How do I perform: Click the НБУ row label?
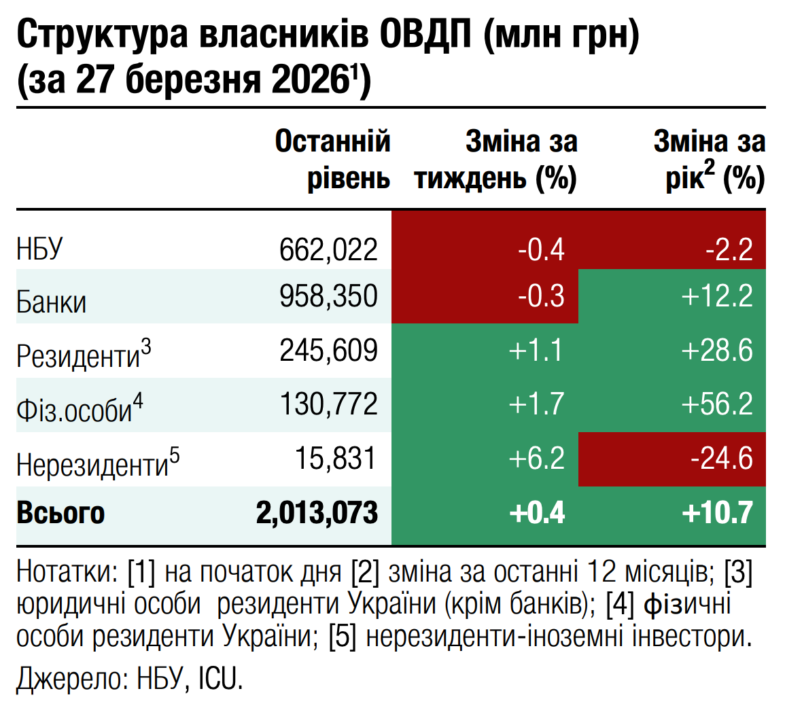[39, 249]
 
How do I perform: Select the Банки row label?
[52, 302]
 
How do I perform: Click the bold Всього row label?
[60, 513]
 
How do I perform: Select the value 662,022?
[328, 249]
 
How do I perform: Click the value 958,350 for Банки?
[328, 296]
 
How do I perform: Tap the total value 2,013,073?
[317, 513]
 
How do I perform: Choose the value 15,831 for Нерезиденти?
[335, 459]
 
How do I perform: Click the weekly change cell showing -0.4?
[541, 249]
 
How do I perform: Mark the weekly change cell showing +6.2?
[536, 459]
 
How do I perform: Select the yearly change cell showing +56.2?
[717, 405]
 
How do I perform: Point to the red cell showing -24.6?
[721, 459]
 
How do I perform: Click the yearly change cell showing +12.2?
[717, 296]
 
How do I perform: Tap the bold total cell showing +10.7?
[717, 513]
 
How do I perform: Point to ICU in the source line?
[220, 679]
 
